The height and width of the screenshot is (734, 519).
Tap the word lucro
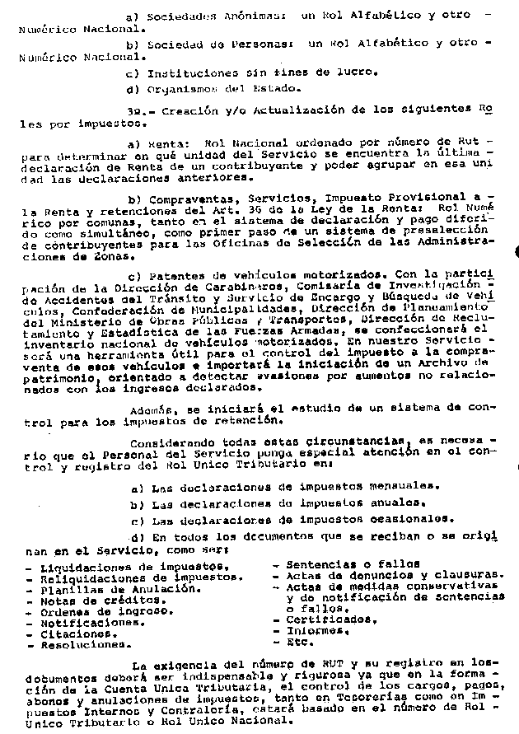click(x=358, y=72)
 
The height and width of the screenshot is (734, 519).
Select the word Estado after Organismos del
click(x=280, y=89)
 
